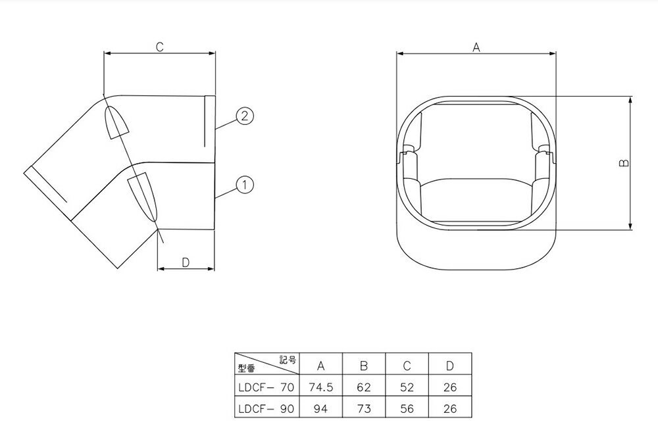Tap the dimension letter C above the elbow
[159, 47]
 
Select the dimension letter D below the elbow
[186, 262]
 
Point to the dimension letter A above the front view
[476, 47]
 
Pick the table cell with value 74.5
[320, 388]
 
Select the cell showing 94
[320, 408]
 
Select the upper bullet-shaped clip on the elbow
[116, 121]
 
